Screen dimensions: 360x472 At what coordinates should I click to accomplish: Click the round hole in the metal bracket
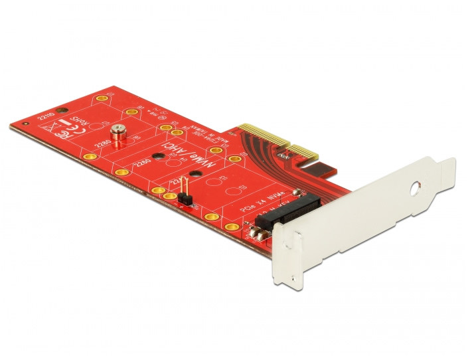tap(417, 188)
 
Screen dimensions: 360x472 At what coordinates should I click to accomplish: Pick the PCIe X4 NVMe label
tap(261, 201)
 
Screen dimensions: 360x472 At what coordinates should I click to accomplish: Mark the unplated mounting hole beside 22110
tap(62, 110)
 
